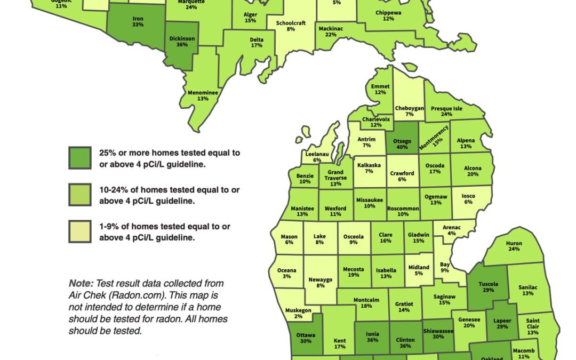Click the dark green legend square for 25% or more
pos(79,158)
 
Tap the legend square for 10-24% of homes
pos(79,195)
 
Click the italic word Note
pos(79,283)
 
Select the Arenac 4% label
pos(452,230)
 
